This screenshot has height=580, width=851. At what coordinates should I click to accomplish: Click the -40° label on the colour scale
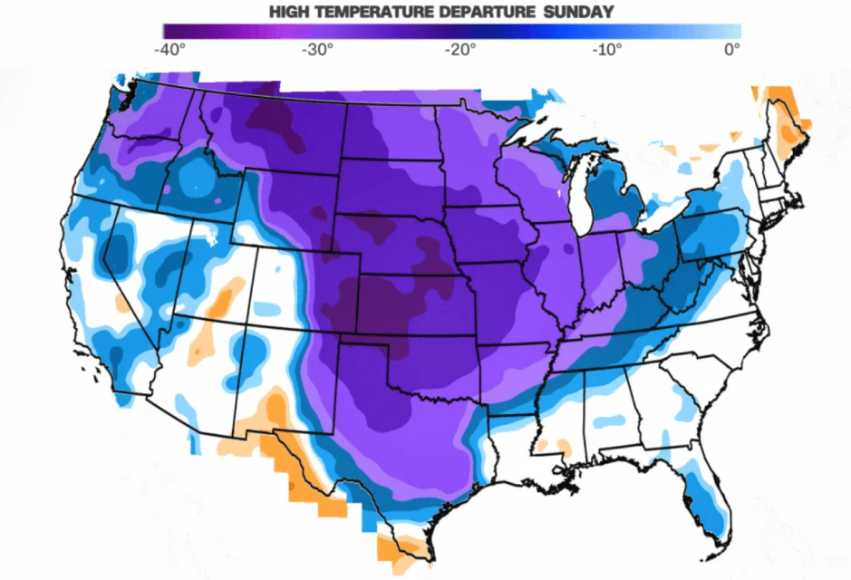(x=169, y=50)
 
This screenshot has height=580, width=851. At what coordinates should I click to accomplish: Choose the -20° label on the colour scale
(x=460, y=50)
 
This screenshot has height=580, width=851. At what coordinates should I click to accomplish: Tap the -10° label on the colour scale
(x=605, y=50)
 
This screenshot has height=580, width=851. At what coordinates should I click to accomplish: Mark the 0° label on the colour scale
(x=732, y=50)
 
